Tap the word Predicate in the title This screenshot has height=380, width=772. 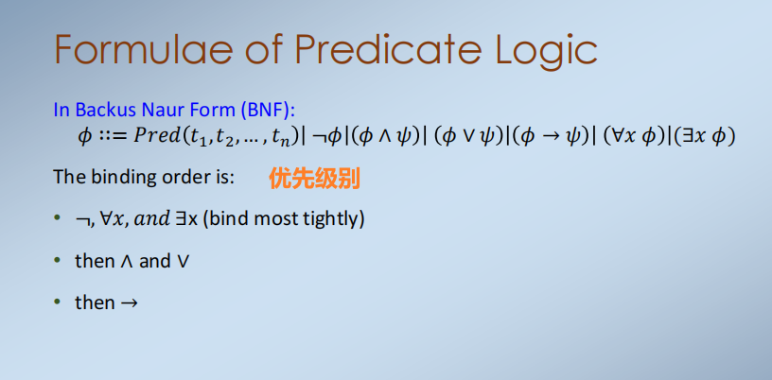pos(388,49)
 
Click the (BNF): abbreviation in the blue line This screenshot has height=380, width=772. pos(268,111)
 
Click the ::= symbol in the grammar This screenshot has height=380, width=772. pos(113,137)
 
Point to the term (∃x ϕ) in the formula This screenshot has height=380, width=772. pos(704,137)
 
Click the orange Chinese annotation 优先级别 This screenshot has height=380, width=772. pos(314,178)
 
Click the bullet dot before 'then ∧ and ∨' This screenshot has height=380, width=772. pos(58,260)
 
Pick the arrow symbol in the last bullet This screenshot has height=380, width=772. pos(129,302)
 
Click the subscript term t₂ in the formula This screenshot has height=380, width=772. pos(224,138)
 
